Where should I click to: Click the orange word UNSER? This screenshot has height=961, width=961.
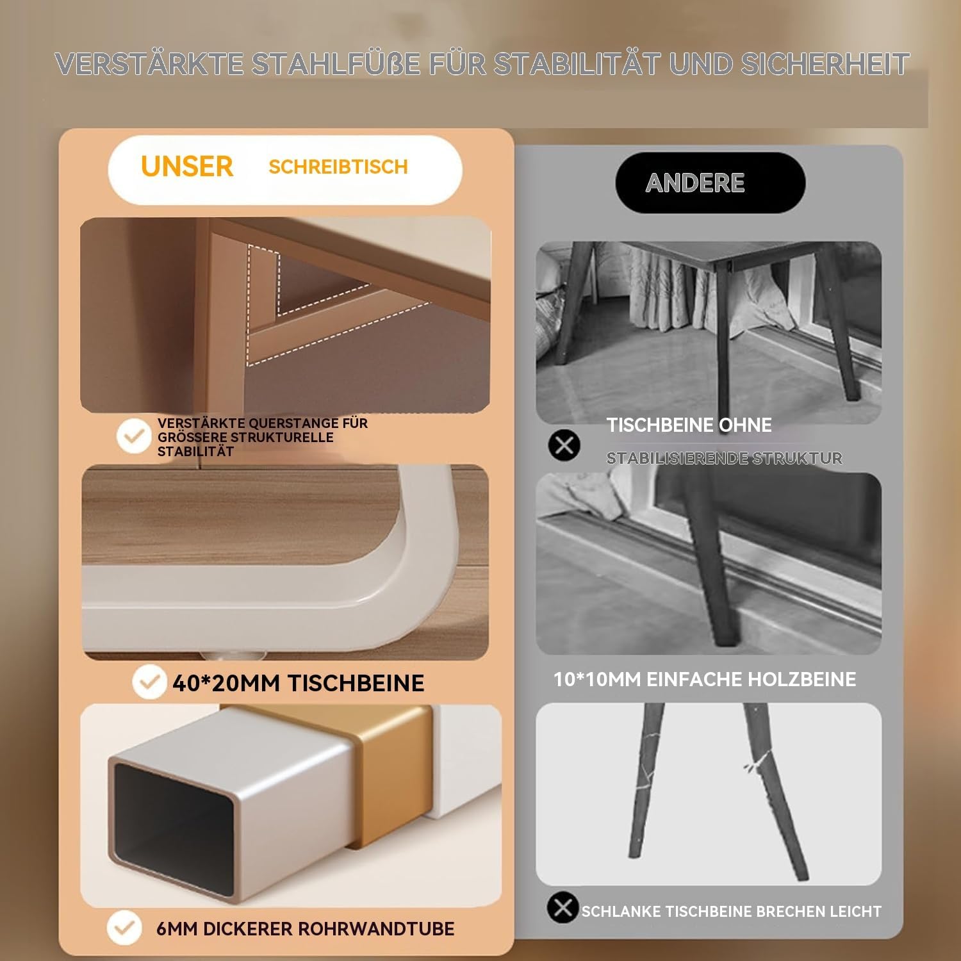tap(186, 167)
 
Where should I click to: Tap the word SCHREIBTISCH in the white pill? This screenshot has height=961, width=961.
tap(338, 167)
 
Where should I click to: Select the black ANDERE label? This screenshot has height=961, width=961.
tap(710, 183)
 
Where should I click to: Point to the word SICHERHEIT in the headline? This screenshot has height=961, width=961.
tap(825, 63)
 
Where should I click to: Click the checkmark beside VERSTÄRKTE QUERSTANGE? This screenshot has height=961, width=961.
tap(134, 436)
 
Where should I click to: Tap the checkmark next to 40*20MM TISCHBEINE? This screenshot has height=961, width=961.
tap(149, 682)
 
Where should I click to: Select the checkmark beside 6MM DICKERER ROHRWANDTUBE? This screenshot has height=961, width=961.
tap(124, 927)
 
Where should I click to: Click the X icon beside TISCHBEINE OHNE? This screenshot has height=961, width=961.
tap(564, 445)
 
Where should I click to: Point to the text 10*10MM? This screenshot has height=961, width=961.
tap(596, 679)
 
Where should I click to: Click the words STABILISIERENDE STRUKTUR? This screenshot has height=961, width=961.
tap(725, 458)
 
